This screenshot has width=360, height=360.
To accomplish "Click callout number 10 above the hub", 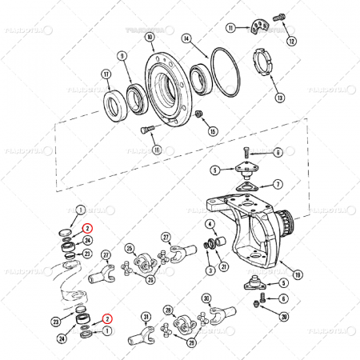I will (x=150, y=38).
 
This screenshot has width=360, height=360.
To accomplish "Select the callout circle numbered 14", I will (x=186, y=38).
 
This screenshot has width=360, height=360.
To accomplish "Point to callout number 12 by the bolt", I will (x=291, y=40).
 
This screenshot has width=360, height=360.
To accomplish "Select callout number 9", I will (x=122, y=56).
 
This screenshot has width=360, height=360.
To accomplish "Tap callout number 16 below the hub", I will (x=157, y=150).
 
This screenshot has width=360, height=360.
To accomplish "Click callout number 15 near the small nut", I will (x=212, y=130).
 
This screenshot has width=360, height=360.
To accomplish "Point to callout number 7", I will (x=277, y=184).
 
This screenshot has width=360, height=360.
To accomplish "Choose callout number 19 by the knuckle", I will (x=298, y=274).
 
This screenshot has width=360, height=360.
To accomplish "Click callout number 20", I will (x=285, y=316).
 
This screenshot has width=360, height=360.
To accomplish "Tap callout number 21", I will (x=224, y=266).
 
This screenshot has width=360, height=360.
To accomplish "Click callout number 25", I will (x=129, y=249).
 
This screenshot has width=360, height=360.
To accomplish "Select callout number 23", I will (x=55, y=322).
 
